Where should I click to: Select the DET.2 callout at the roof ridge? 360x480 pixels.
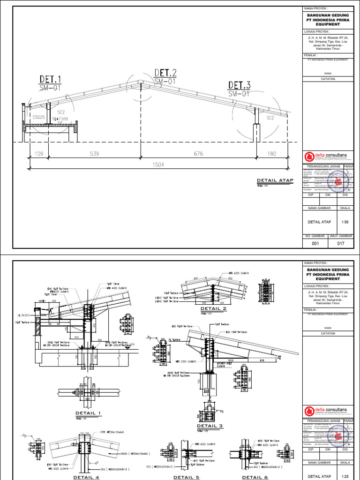165,73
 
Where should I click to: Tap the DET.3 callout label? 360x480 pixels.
239,85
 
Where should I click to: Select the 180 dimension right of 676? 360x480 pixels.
272,153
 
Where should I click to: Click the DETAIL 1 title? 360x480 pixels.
89,413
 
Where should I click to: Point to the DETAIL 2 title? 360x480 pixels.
213,309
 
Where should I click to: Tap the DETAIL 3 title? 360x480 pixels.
209,426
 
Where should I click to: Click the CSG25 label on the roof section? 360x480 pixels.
39,117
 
